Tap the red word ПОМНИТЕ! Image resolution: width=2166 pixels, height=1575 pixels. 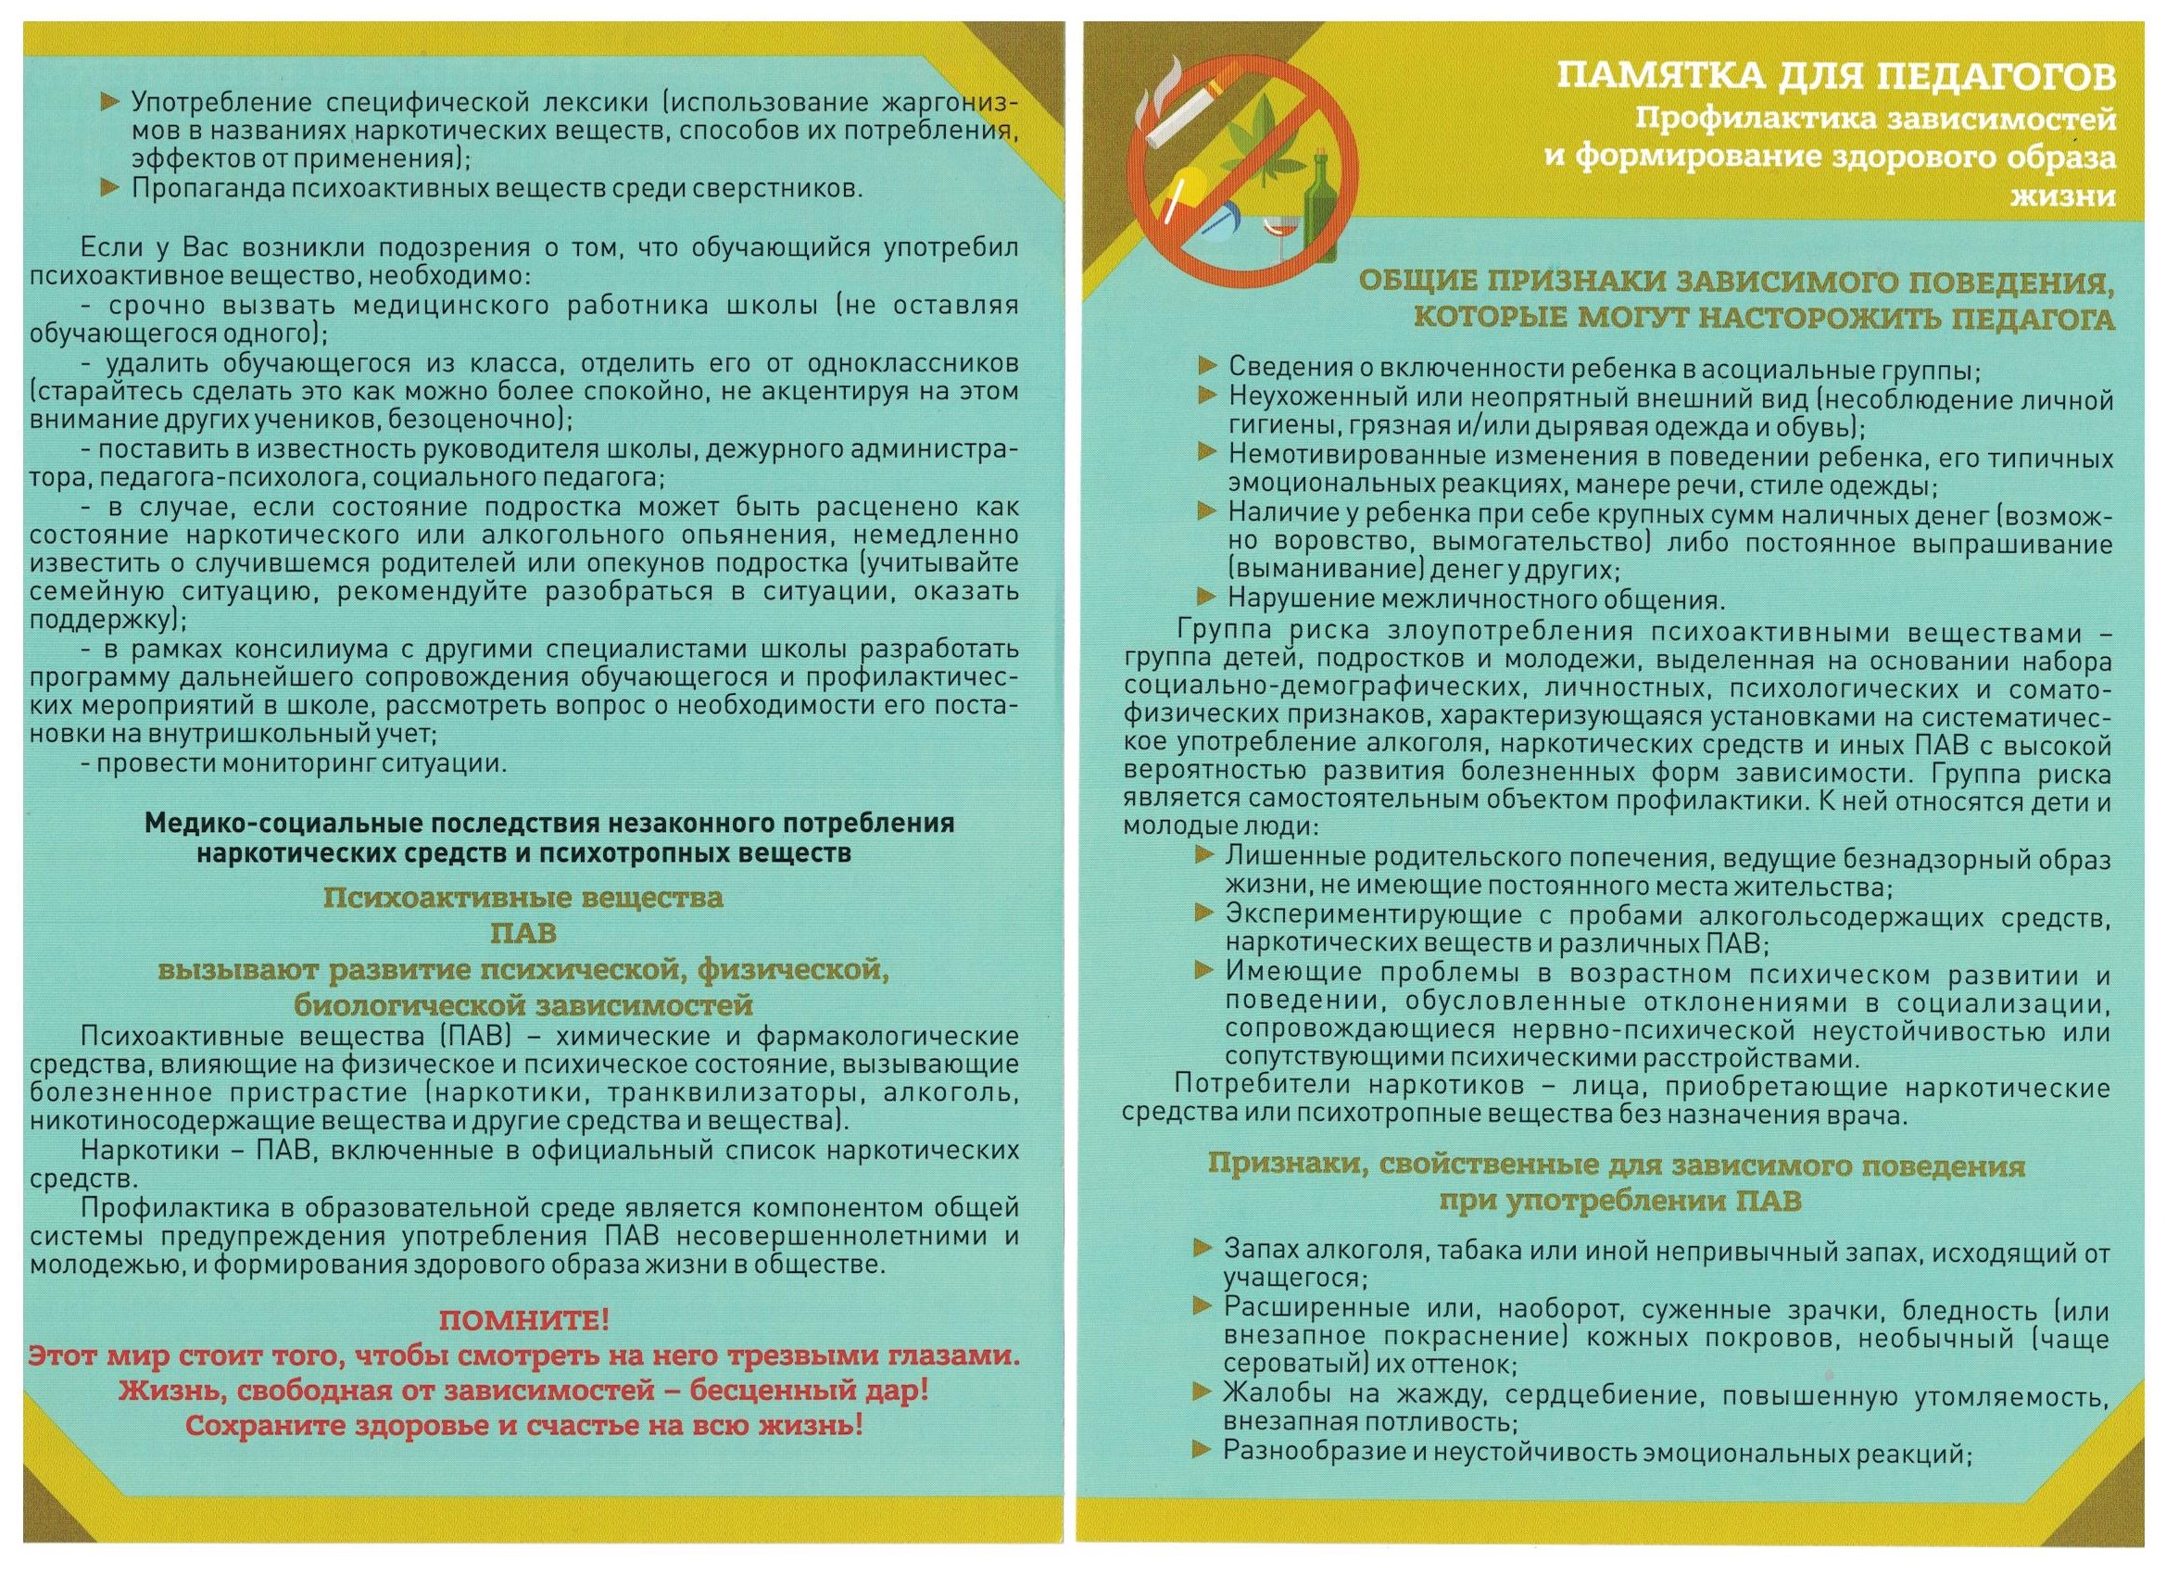click(x=523, y=1322)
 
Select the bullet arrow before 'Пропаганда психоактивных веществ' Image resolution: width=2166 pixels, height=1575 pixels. click(x=111, y=187)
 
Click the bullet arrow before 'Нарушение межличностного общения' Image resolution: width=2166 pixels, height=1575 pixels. click(x=1208, y=598)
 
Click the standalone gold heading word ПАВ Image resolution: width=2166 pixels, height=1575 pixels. click(x=523, y=932)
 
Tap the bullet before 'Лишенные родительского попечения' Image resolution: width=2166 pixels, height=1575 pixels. click(x=1206, y=855)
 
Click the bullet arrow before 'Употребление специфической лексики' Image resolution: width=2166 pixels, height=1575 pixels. click(x=111, y=101)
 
